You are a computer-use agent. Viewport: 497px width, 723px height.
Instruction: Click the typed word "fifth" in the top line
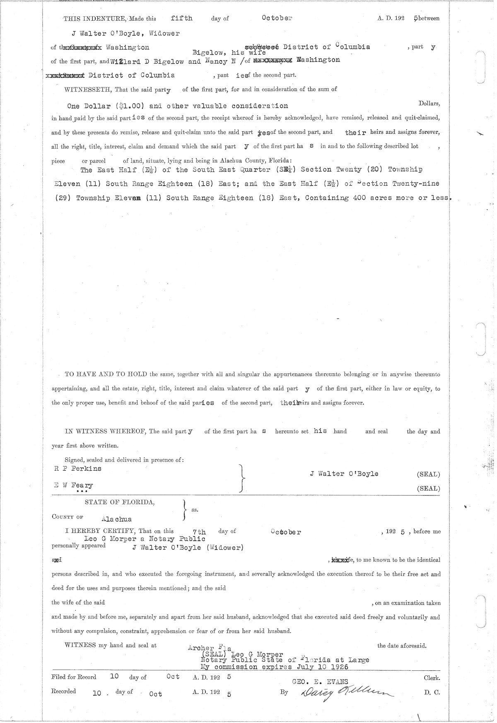(182, 18)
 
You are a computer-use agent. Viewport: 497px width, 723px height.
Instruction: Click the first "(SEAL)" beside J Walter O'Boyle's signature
(428, 474)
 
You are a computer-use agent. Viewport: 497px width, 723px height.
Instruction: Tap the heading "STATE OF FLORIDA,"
(120, 502)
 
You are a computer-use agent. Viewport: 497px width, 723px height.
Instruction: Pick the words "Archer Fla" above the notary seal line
(209, 648)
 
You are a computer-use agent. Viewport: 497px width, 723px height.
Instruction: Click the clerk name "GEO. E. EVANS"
(320, 682)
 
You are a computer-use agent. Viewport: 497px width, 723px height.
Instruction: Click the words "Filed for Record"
(74, 677)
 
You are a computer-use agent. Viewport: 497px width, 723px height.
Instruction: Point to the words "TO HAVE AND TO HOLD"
(106, 374)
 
